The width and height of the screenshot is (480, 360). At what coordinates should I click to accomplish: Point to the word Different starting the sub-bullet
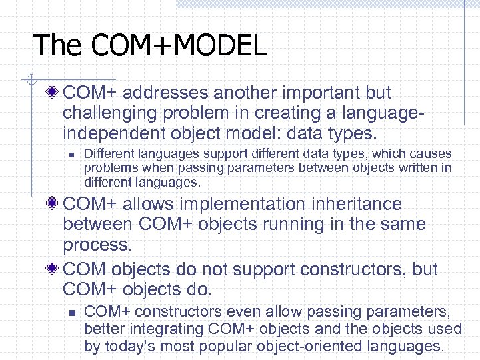tap(107, 154)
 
